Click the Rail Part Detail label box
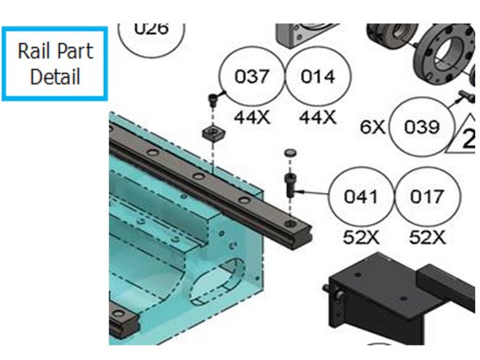[x=55, y=64]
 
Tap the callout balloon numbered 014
[x=317, y=77]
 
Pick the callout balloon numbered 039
[x=422, y=127]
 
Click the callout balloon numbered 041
[x=362, y=196]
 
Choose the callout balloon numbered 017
[x=427, y=196]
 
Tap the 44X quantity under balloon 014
[x=317, y=117]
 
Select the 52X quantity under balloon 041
[x=362, y=237]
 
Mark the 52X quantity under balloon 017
[x=427, y=237]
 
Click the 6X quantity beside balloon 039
[x=373, y=127]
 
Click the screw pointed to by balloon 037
[x=212, y=101]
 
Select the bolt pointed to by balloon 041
[x=289, y=183]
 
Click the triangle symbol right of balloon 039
[x=465, y=134]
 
